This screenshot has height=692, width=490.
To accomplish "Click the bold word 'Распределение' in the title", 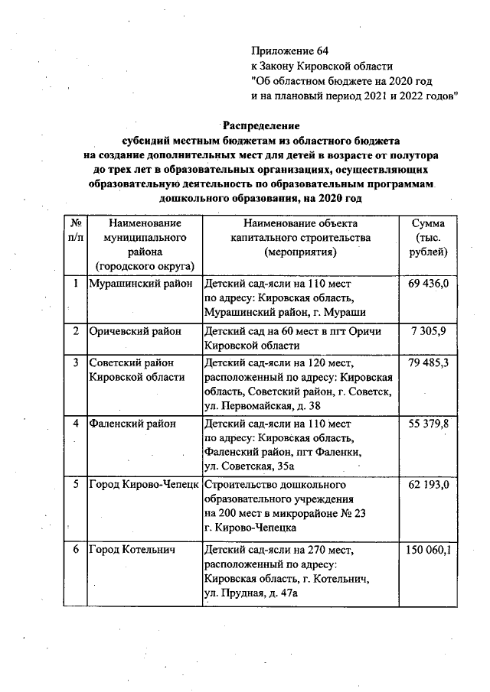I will click(x=261, y=125).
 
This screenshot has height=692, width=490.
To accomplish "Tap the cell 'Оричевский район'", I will click(x=135, y=331).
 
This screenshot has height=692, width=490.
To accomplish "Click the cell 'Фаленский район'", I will click(x=132, y=424).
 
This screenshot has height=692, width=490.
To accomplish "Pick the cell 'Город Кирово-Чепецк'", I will click(x=144, y=486).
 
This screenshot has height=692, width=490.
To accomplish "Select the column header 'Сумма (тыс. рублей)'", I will click(x=429, y=237).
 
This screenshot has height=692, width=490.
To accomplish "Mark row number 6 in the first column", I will click(x=76, y=549).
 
